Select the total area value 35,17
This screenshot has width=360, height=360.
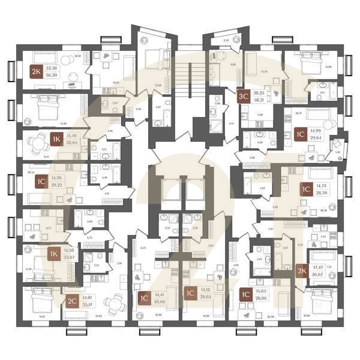(x=88, y=304)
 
